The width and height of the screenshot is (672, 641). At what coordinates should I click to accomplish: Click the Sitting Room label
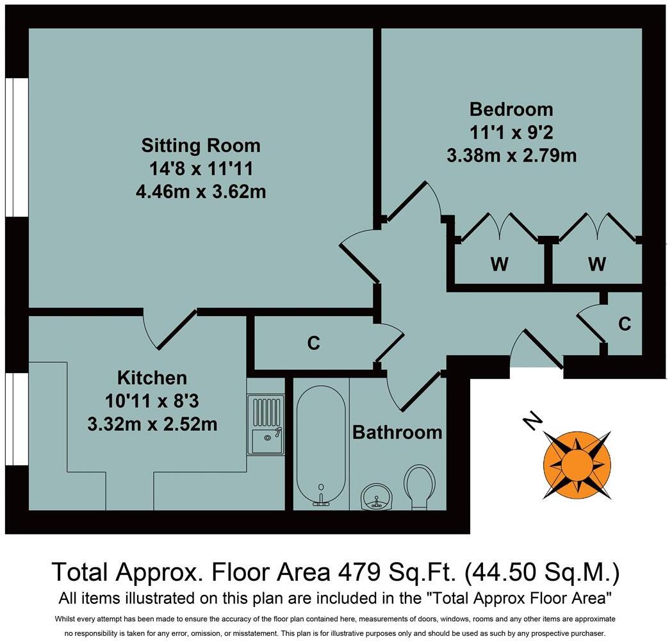201,146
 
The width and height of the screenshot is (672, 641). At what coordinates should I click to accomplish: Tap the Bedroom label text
511,108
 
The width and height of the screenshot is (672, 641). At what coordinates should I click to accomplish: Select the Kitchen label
152,377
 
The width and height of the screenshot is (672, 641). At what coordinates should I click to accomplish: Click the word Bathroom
397,432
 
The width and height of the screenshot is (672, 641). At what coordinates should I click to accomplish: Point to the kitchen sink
265,424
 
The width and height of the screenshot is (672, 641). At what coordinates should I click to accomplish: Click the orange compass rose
577,463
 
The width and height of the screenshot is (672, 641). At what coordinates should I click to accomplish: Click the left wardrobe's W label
499,263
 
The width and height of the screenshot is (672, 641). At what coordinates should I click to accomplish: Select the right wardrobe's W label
596,263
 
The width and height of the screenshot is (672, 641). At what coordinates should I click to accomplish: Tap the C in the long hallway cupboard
313,344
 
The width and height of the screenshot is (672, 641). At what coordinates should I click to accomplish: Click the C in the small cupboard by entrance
624,324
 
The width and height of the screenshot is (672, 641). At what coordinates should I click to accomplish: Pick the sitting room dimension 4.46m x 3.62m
201,191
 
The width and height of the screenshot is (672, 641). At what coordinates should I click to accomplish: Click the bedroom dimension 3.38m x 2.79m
511,154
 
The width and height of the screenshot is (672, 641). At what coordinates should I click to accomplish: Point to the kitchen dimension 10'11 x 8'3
152,401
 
